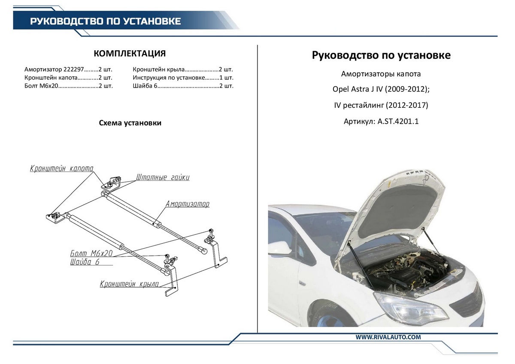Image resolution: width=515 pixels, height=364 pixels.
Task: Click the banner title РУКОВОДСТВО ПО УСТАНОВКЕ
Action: click(105, 21)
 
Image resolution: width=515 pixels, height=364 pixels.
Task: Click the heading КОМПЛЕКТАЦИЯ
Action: click(130, 54)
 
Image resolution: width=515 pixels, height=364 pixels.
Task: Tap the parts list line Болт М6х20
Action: click(69, 86)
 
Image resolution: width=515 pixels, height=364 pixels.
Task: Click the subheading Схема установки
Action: click(130, 123)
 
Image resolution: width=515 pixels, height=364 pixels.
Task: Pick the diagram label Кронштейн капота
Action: click(61, 169)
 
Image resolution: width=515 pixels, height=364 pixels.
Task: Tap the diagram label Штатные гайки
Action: click(163, 177)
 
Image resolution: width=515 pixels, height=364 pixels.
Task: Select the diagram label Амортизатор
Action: click(188, 204)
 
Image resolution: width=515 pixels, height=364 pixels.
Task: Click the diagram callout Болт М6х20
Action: click(91, 254)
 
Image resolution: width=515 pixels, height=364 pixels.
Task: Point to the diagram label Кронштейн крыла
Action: click(129, 284)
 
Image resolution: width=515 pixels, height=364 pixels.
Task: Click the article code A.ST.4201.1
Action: click(398, 121)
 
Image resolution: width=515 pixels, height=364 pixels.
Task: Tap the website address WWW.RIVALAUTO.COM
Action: click(388, 337)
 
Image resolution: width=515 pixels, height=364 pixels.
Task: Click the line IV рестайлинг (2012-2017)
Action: click(381, 105)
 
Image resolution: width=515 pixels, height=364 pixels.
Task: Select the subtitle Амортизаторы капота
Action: click(381, 74)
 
